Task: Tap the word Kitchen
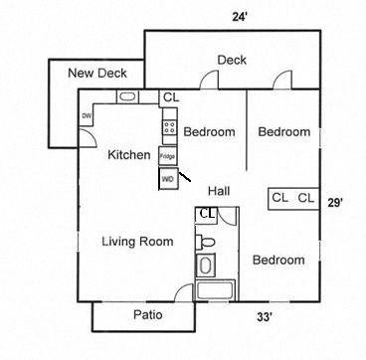click(129, 155)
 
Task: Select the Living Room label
click(138, 242)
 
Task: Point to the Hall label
click(220, 190)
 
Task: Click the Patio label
click(147, 315)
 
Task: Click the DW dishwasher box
click(87, 116)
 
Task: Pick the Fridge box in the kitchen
click(168, 156)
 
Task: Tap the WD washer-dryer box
click(168, 179)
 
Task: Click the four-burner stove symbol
click(169, 127)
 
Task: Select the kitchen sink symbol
click(128, 96)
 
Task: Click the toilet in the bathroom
click(206, 242)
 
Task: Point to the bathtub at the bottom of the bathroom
click(213, 291)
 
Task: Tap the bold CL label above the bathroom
click(207, 213)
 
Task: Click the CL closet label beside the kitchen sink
click(170, 97)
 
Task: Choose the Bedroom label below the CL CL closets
click(277, 261)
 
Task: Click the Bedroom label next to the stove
click(210, 131)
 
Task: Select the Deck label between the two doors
click(232, 60)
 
